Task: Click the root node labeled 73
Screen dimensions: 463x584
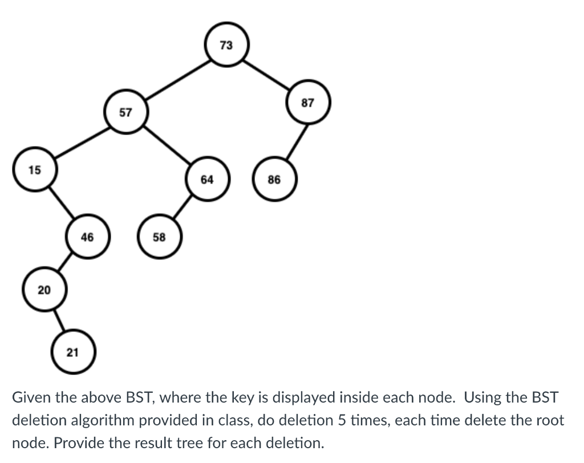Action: (226, 45)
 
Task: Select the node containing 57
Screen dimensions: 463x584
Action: (125, 112)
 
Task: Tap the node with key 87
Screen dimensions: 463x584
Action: (308, 103)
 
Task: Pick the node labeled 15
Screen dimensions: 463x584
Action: (35, 169)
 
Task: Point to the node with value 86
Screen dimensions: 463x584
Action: (274, 180)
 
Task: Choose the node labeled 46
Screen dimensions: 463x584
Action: (87, 237)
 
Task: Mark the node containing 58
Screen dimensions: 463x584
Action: (159, 237)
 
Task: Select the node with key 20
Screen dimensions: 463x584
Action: (44, 290)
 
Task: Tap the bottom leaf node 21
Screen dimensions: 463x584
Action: (72, 352)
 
